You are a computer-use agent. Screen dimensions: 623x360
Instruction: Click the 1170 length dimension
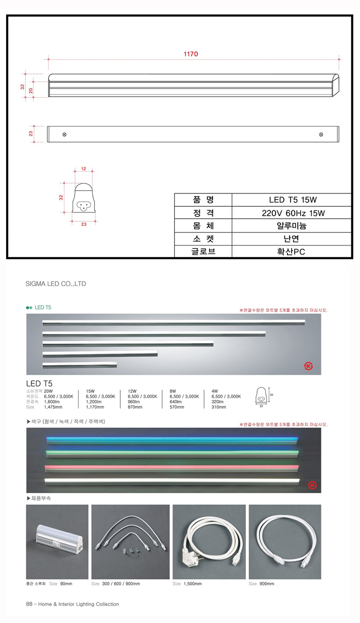click(x=191, y=54)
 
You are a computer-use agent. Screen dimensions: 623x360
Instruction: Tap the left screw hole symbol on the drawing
click(x=64, y=134)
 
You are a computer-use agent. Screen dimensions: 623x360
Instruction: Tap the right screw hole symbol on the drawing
click(x=321, y=134)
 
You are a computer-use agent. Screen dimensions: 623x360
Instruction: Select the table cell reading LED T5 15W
click(x=292, y=200)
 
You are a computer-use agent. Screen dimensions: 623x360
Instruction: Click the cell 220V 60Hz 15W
click(x=292, y=212)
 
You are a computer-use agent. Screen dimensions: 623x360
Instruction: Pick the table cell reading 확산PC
click(x=292, y=252)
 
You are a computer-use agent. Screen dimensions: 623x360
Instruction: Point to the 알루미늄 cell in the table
click(x=292, y=225)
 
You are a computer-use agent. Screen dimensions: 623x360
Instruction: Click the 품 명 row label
click(x=204, y=200)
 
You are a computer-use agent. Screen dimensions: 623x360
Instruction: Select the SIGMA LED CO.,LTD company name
click(x=56, y=283)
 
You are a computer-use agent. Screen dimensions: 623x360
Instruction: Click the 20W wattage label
click(x=49, y=390)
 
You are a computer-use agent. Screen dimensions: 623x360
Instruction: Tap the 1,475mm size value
click(x=53, y=407)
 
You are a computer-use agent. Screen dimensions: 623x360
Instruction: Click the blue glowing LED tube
click(x=172, y=440)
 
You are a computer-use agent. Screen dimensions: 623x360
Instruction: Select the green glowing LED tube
click(x=172, y=453)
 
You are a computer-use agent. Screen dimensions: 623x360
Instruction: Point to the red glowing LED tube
click(x=172, y=467)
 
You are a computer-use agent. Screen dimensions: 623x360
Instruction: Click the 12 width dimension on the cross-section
click(x=83, y=168)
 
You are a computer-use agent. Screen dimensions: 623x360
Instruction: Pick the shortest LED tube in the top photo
click(x=80, y=365)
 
